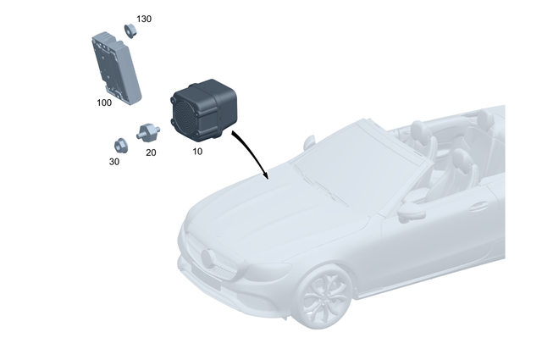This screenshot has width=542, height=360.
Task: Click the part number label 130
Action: (x=144, y=19)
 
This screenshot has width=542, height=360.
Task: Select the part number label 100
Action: (x=104, y=102)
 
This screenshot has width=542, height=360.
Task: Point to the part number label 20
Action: (x=151, y=152)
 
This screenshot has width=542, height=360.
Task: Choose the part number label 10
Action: (x=197, y=151)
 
